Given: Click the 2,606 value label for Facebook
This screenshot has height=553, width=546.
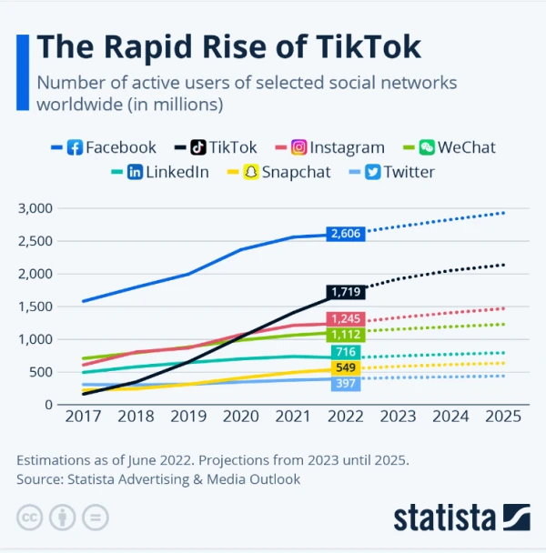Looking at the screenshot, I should tap(346, 234).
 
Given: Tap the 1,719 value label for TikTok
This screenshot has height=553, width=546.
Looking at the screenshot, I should tap(346, 292).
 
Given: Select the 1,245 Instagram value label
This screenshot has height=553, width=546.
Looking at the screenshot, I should tap(346, 318).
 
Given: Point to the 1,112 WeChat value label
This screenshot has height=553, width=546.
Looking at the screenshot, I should tap(346, 335).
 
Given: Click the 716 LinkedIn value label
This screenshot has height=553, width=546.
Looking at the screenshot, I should tap(346, 352).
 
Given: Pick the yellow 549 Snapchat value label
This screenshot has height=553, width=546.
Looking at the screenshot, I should tap(346, 368).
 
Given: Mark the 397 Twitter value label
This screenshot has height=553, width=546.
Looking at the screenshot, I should tap(346, 384).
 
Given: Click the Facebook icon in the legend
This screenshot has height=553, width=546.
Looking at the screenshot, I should tap(76, 147).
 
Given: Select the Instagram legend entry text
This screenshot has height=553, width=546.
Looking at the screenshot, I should tap(347, 147).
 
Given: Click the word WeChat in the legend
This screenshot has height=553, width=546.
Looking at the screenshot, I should tap(466, 147).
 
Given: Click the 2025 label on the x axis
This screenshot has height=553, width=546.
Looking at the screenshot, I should tap(503, 417).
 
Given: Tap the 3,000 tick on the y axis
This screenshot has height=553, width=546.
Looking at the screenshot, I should tap(36, 208).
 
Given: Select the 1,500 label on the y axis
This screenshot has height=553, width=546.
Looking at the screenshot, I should tap(36, 307).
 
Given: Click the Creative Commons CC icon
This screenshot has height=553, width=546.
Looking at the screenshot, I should tap(30, 518).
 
